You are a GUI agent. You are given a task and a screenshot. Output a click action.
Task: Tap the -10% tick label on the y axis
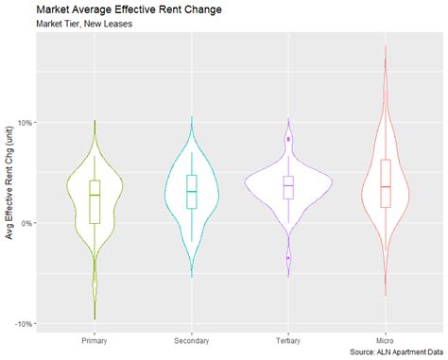pyautogui.click(x=24, y=323)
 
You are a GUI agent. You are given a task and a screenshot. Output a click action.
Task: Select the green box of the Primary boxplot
pyautogui.click(x=95, y=201)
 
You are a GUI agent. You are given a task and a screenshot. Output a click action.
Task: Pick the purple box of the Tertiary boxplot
pyautogui.click(x=288, y=187)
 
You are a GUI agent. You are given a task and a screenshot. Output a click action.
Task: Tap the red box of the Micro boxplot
pyautogui.click(x=386, y=183)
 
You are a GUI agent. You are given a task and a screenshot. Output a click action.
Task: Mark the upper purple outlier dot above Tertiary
pyautogui.click(x=288, y=139)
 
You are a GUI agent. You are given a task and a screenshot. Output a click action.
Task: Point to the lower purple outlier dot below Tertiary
pyautogui.click(x=288, y=257)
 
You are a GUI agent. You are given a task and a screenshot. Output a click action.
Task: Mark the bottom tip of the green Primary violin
pyautogui.click(x=95, y=319)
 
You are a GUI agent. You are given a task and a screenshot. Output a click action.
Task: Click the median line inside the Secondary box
pyautogui.click(x=192, y=192)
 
